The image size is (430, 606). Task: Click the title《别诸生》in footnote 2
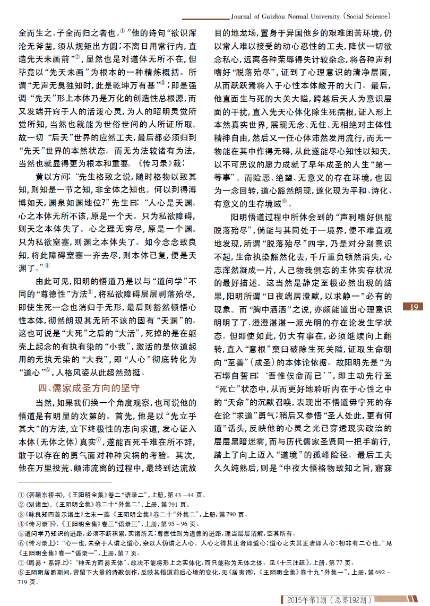pyautogui.click(x=32, y=504)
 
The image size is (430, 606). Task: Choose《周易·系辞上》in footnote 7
pyautogui.click(x=40, y=563)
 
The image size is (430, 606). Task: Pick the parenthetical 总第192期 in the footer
pyautogui.click(x=350, y=600)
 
